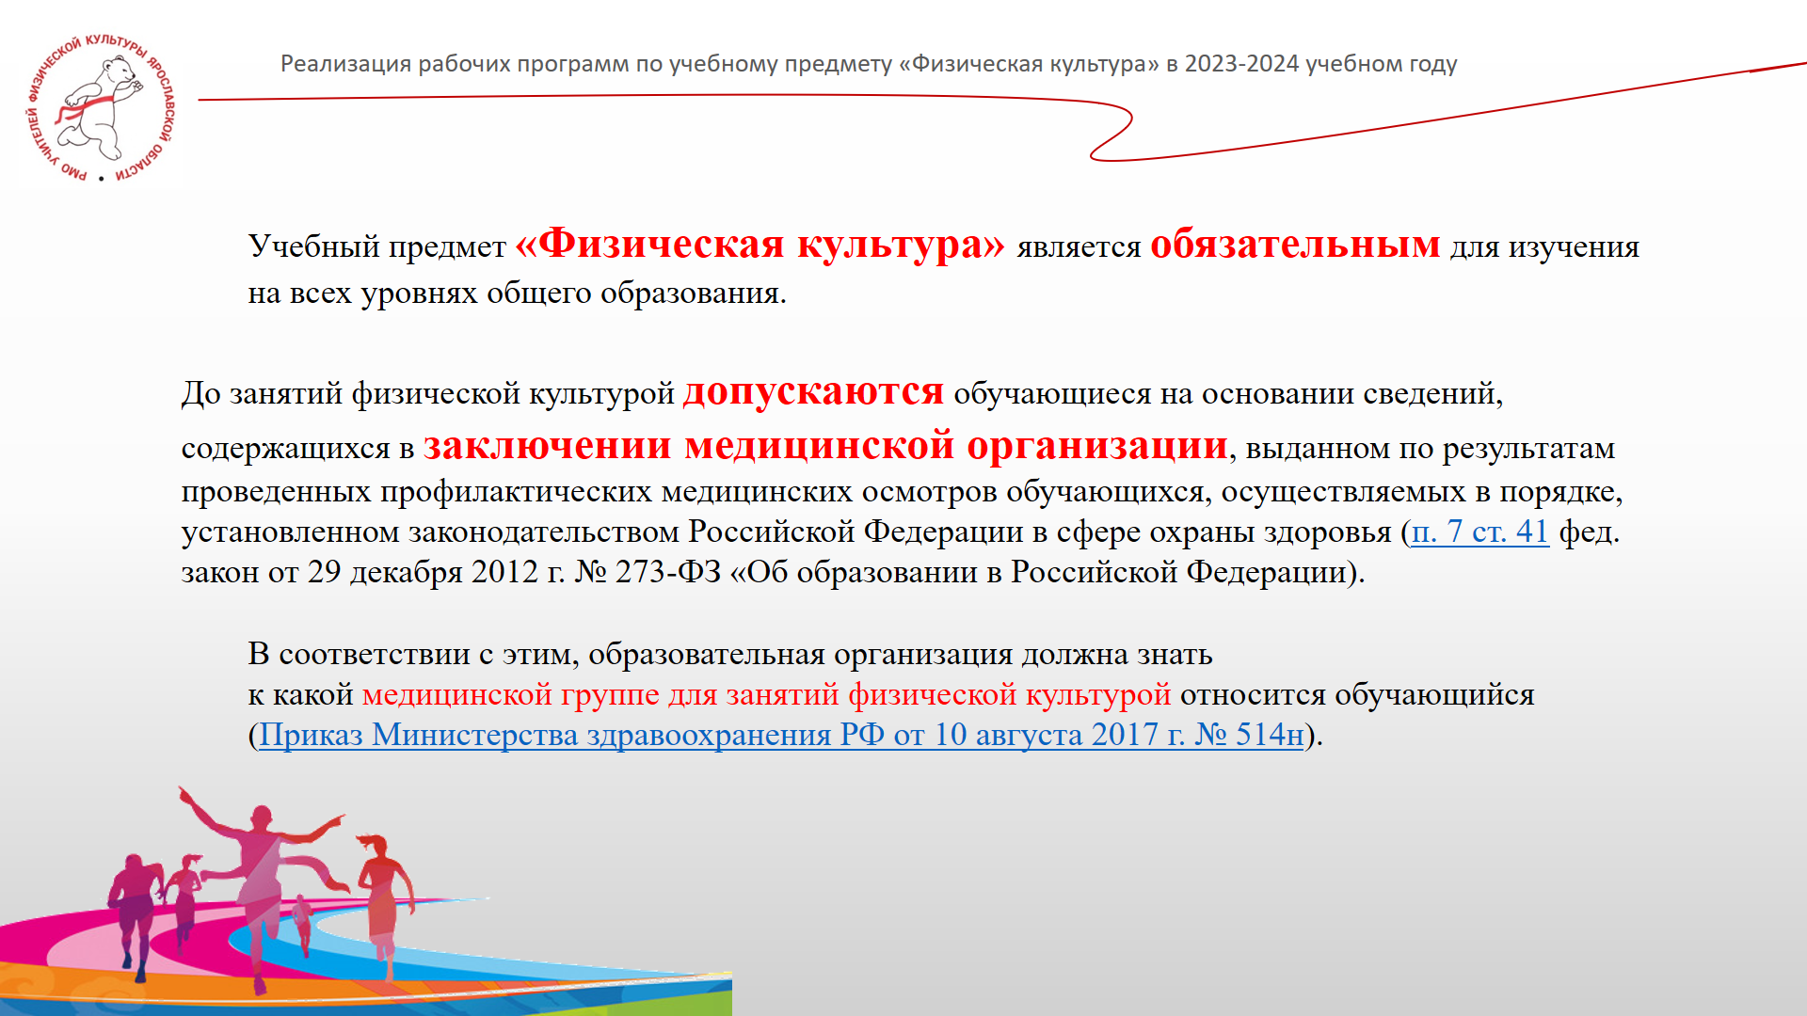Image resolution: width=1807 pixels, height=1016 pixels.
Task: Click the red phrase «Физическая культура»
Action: click(x=760, y=244)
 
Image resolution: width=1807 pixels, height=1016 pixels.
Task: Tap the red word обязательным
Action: click(x=1295, y=244)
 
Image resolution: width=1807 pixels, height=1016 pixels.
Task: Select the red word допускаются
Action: click(x=813, y=392)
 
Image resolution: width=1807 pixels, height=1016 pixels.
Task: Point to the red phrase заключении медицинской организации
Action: click(x=826, y=445)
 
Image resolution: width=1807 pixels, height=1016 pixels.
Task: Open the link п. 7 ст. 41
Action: click(x=1480, y=532)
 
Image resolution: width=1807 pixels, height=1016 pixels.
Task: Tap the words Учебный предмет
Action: click(x=377, y=246)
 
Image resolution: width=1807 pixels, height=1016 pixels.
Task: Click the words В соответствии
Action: click(x=360, y=654)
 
